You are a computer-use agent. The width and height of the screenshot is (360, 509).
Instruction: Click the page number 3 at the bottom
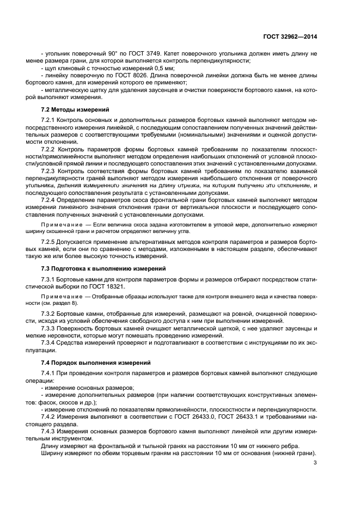click(315, 464)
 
